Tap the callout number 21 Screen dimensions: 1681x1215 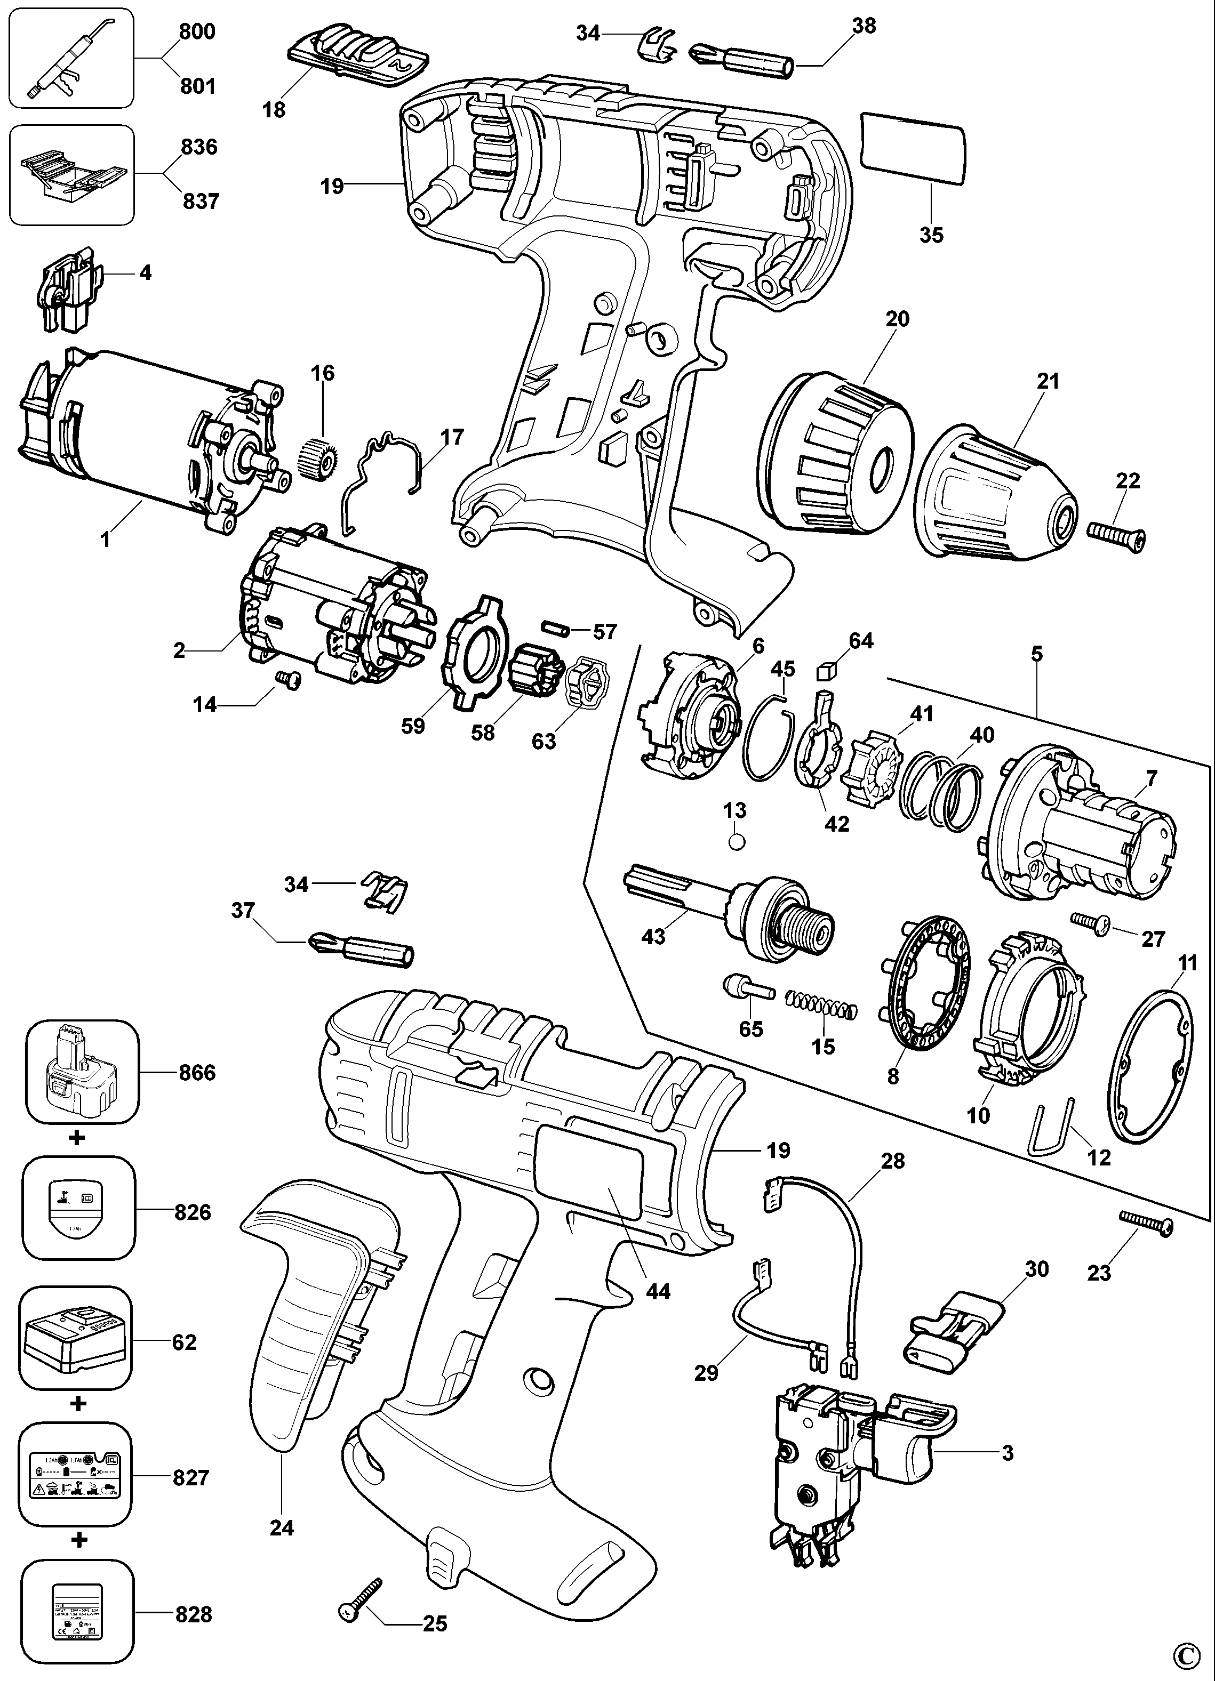1048,382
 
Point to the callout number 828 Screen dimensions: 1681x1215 194,1613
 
